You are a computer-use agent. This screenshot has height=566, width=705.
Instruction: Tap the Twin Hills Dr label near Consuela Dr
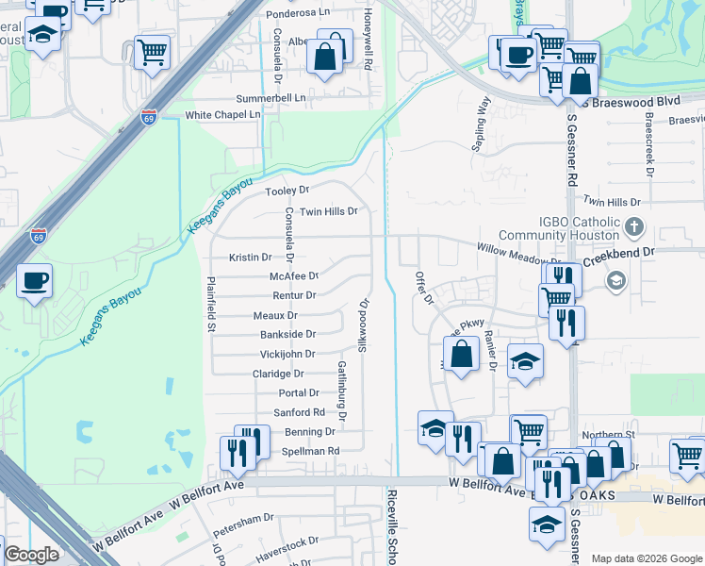pos(329,211)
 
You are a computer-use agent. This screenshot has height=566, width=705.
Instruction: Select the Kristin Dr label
pos(251,257)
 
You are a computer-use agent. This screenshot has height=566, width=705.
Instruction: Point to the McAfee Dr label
pos(294,276)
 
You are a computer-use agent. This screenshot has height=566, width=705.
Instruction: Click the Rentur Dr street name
pos(294,295)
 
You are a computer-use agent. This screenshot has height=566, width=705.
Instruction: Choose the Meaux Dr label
pos(276,316)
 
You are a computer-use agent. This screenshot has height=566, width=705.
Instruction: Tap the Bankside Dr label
pos(287,334)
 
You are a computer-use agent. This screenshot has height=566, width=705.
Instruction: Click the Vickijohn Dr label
pos(287,354)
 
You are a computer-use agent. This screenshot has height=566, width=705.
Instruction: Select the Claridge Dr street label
pos(278,374)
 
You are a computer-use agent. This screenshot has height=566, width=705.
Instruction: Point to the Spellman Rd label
pos(310,451)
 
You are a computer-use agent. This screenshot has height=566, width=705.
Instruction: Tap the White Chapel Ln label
pos(222,115)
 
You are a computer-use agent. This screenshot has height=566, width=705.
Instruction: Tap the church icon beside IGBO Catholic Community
pos(634,226)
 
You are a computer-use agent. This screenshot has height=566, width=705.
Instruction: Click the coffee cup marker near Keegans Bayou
pos(34,280)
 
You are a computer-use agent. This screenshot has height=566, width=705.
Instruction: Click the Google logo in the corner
pos(31,554)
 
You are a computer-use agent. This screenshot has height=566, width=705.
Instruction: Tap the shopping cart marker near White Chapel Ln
pos(151,52)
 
